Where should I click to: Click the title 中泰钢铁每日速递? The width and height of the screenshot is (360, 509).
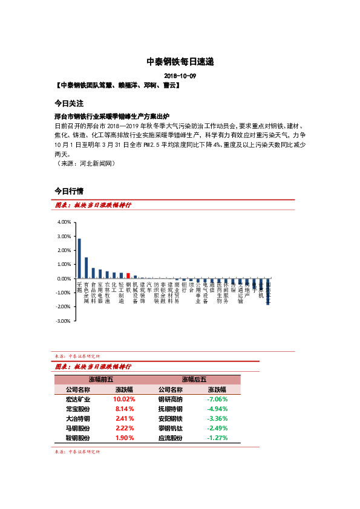coord(180,62)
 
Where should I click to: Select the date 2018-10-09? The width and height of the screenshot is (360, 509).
coord(180,76)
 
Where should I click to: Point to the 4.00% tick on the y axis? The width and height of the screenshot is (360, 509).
coord(64,222)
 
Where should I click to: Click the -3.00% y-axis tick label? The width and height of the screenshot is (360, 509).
coord(63,321)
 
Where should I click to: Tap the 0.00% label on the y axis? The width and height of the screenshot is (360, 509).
coord(64,279)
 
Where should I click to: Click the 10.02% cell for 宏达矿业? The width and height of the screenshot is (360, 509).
coord(124,400)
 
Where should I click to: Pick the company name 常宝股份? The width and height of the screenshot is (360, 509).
coord(78,409)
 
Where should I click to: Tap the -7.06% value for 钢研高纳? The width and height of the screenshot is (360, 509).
coord(217,400)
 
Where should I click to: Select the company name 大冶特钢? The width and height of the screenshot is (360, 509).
coord(78,418)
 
